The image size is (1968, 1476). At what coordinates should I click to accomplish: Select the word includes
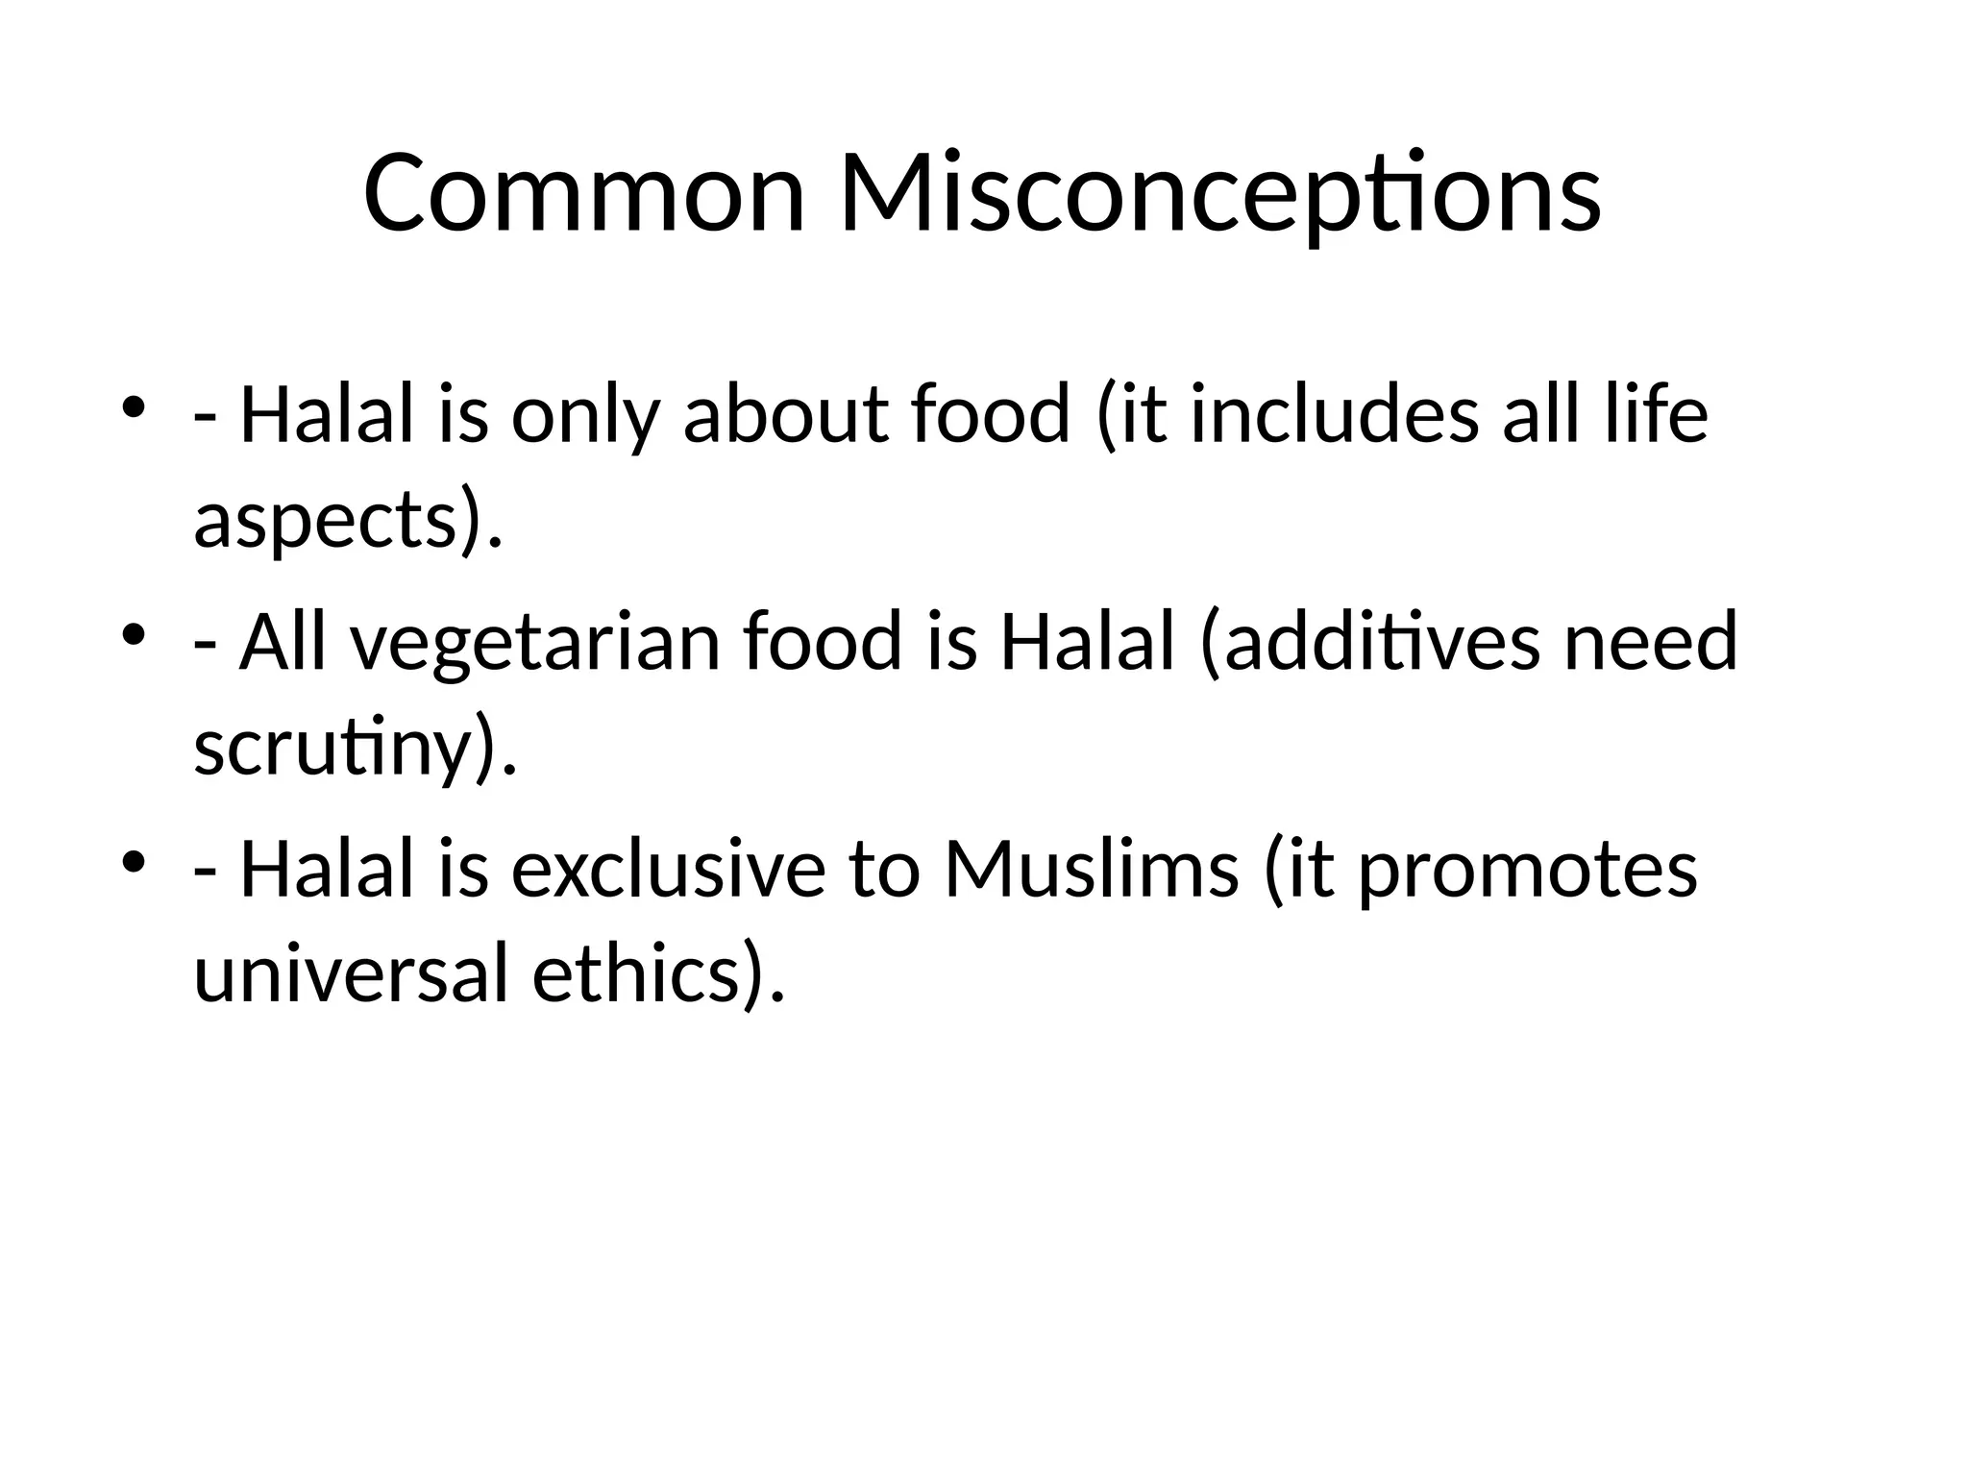[x=1335, y=415]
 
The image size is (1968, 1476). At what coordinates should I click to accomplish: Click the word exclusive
[x=668, y=870]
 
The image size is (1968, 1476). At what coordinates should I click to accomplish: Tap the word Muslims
[x=1092, y=870]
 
